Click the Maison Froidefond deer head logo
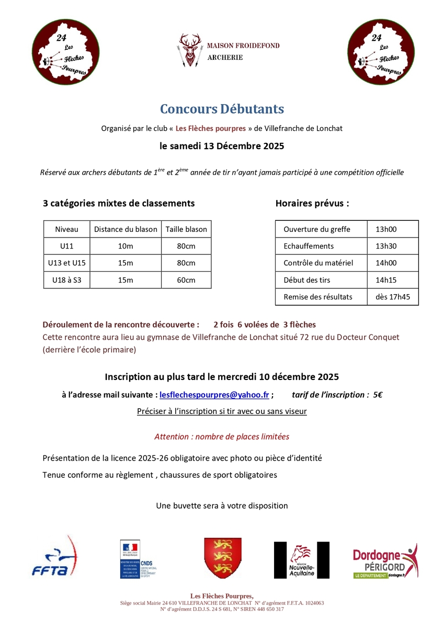[189, 50]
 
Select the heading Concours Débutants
[222, 109]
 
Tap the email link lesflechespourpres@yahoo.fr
[214, 395]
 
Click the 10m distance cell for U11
[126, 246]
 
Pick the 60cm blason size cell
[186, 280]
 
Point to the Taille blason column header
[186, 229]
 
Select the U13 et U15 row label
[66, 263]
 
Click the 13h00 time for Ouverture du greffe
[386, 229]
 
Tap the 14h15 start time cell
[386, 280]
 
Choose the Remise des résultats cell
[318, 297]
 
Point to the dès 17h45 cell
[393, 297]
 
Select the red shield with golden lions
[222, 558]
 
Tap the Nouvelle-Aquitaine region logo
[301, 560]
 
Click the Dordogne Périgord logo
[385, 560]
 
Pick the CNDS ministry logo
[138, 559]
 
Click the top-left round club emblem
[66, 51]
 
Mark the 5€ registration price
[377, 395]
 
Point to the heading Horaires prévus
[312, 204]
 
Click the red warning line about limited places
[222, 436]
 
